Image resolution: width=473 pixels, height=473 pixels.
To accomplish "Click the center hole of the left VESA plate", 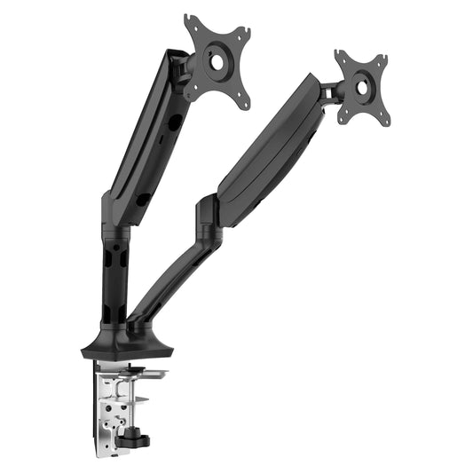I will [217, 61].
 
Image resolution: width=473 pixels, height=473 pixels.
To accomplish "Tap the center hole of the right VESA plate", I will [362, 89].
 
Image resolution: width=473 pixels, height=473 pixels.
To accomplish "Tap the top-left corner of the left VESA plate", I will [190, 20].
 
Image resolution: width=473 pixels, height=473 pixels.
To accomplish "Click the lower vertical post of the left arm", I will [114, 284].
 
